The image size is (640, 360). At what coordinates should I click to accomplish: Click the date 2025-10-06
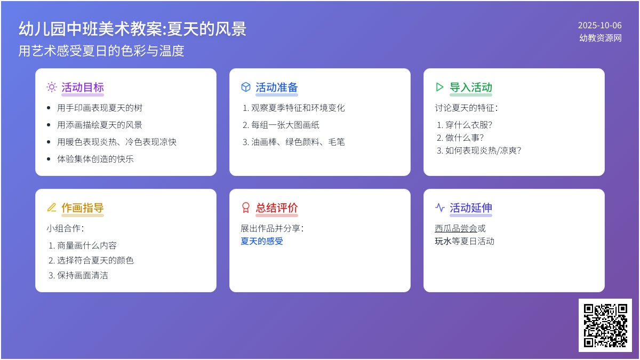point(599,26)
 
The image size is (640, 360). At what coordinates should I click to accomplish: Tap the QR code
point(605,325)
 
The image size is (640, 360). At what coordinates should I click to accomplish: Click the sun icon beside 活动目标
point(52,87)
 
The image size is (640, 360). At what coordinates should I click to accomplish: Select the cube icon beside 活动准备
point(246,87)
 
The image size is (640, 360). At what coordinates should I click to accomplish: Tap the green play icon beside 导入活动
point(439,87)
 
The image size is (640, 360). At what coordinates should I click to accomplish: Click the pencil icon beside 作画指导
point(52,207)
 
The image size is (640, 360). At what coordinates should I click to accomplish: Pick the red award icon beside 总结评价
point(246,207)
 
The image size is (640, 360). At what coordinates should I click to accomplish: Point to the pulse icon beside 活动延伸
point(439,207)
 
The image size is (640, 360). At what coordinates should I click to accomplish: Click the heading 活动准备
point(277,87)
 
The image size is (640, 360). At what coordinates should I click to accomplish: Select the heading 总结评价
point(277,207)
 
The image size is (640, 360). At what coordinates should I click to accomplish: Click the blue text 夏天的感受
point(262,241)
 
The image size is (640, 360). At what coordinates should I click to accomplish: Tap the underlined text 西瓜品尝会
point(456,228)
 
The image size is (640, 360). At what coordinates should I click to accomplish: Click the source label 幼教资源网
point(601,38)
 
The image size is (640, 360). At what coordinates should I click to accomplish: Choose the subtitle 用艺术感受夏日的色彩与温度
point(101,51)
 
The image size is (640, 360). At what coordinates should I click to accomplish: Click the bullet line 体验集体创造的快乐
point(95,159)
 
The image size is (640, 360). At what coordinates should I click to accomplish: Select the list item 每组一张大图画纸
point(285,125)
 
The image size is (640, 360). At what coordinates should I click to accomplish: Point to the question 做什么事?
point(465,138)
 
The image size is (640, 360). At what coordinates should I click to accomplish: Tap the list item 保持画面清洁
point(83,275)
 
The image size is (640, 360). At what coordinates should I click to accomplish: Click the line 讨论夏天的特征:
point(466,108)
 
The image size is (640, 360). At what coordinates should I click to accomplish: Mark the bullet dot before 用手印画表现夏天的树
point(49,108)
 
